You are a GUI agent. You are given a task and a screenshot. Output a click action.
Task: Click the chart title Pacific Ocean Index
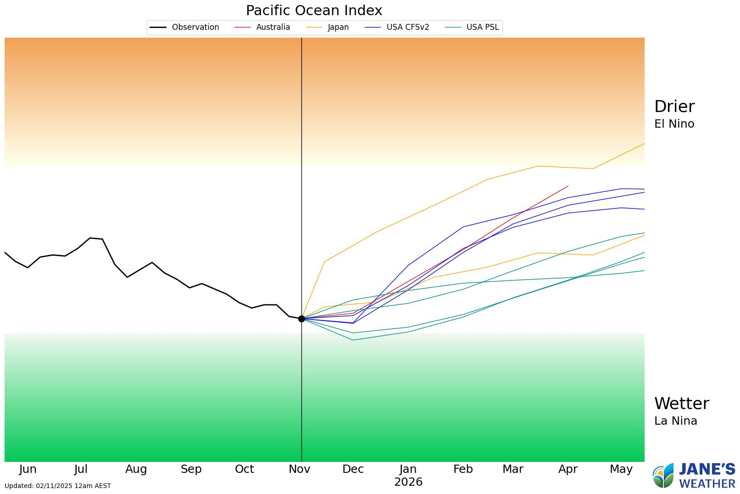pyautogui.click(x=314, y=10)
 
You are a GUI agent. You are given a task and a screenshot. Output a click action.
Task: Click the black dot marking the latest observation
pyautogui.click(x=301, y=319)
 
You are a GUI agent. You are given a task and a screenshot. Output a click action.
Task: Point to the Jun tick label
pyautogui.click(x=28, y=469)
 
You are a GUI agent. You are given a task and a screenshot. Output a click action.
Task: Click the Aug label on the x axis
pyautogui.click(x=136, y=469)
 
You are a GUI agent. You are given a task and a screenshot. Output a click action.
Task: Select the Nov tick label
pyautogui.click(x=299, y=469)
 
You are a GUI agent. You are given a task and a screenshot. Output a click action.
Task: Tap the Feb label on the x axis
pyautogui.click(x=462, y=469)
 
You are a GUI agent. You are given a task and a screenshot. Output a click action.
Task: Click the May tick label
pyautogui.click(x=621, y=469)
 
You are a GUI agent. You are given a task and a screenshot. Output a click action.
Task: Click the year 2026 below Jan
pyautogui.click(x=408, y=482)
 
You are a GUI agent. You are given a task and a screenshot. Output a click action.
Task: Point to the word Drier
pyautogui.click(x=674, y=107)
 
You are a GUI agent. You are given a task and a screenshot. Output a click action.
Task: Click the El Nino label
pyautogui.click(x=674, y=124)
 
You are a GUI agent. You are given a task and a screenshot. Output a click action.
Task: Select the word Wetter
pyautogui.click(x=681, y=404)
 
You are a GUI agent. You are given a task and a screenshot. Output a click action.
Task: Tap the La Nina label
pyautogui.click(x=675, y=421)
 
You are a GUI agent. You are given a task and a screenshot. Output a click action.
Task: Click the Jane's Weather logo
pyautogui.click(x=694, y=476)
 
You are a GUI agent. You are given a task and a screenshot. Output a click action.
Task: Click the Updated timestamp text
pyautogui.click(x=58, y=486)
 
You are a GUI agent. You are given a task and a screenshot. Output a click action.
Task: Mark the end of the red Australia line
pyautogui.click(x=568, y=186)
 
